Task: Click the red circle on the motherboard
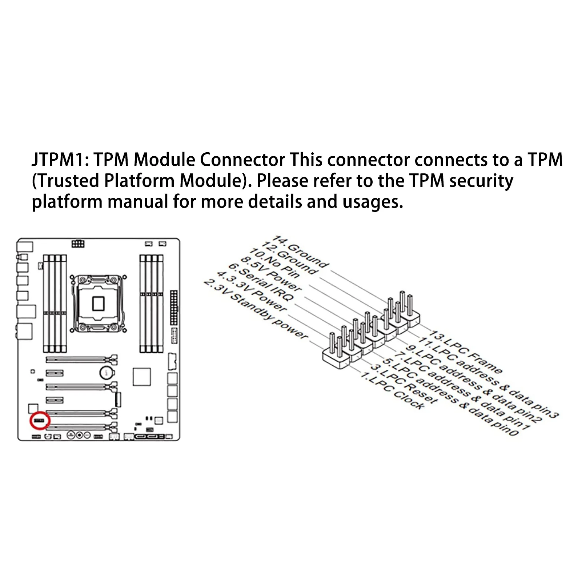point(38,421)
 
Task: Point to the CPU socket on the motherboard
point(98,303)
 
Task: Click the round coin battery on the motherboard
point(107,372)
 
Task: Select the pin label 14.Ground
point(301,251)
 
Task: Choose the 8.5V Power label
point(271,274)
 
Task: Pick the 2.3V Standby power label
point(256,309)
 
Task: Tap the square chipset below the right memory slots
point(142,377)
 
